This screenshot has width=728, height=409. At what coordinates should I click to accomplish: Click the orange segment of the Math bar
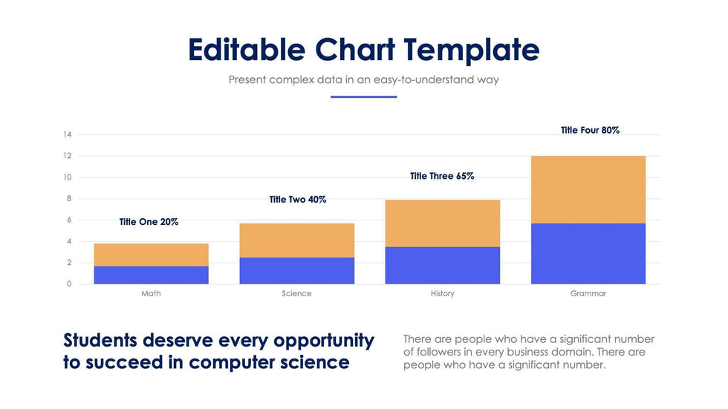point(151,255)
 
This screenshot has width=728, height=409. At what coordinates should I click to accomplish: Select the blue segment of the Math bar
point(151,275)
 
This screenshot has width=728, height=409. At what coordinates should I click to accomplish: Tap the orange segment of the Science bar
point(296,240)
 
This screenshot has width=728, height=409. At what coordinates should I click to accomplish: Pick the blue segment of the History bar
point(442,265)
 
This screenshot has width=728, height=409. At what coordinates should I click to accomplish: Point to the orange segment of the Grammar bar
point(588,189)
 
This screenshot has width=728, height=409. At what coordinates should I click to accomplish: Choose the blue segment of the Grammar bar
point(588,253)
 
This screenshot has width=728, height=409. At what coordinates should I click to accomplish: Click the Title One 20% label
point(149,222)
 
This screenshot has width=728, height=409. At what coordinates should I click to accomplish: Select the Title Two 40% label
point(297,200)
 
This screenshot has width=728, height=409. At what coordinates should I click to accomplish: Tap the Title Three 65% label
point(442,177)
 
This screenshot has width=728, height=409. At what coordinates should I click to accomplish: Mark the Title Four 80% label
point(590,131)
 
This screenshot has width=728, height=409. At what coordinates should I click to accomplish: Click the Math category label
point(151,294)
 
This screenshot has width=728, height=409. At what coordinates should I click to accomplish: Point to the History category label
point(442,294)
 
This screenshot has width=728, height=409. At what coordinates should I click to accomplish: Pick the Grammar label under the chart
point(588,294)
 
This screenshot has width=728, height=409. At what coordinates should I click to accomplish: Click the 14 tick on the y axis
point(68,135)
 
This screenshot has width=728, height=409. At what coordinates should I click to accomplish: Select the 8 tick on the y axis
point(69,199)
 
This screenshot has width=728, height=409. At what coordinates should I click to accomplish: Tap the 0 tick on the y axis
point(69,284)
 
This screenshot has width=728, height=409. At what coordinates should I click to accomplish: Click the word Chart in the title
point(354,50)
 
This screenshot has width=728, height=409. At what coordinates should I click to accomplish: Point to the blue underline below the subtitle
point(363,96)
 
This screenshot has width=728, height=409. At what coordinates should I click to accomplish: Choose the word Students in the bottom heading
point(101,341)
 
